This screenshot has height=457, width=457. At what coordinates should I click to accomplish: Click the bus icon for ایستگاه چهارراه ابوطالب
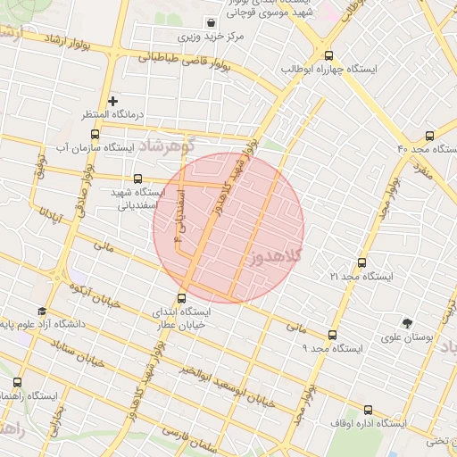pos(329,54)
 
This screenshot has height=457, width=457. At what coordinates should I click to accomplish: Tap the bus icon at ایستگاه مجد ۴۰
pos(430,137)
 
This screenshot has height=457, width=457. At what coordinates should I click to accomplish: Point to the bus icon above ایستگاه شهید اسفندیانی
pos(137,179)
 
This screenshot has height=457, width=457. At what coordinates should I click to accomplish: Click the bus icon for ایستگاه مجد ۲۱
pos(361,263)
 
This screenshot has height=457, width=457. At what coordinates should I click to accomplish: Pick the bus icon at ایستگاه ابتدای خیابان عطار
pos(183,299)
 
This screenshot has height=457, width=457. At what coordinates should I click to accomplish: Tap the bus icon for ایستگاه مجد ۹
pos(331,335)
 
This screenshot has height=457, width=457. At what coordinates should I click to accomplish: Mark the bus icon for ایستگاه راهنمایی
pos(17,382)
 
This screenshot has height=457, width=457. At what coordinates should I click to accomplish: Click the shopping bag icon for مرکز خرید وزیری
pos(210,23)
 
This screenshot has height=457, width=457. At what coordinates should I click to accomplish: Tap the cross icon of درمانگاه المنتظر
pos(112,101)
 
